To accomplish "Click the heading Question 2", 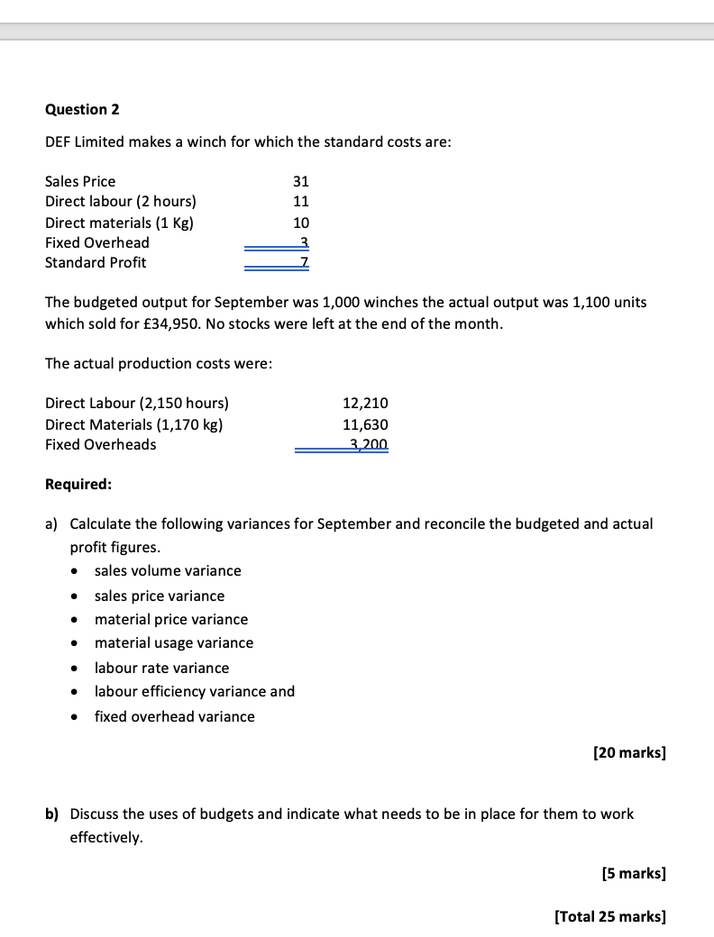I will [x=82, y=109].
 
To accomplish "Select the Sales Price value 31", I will [x=301, y=181].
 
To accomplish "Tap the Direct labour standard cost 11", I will [x=301, y=202].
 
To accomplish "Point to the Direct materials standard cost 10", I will [x=301, y=223].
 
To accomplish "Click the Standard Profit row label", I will [x=96, y=262].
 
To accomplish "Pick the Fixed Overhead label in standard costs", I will [x=97, y=242].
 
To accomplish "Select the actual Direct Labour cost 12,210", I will [x=365, y=403].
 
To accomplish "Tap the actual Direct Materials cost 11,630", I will [x=365, y=423].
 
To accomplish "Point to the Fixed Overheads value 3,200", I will [x=368, y=444].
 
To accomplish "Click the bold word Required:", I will [x=78, y=484].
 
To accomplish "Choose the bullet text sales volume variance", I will [x=168, y=570].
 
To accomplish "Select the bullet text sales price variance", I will [x=160, y=596].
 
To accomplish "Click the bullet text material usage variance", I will [x=174, y=642].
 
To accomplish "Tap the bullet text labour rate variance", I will [x=161, y=668].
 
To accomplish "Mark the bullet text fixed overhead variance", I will [x=174, y=716].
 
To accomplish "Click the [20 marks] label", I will [x=629, y=752].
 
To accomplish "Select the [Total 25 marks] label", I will [x=610, y=916].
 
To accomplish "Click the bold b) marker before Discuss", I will [x=52, y=814].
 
